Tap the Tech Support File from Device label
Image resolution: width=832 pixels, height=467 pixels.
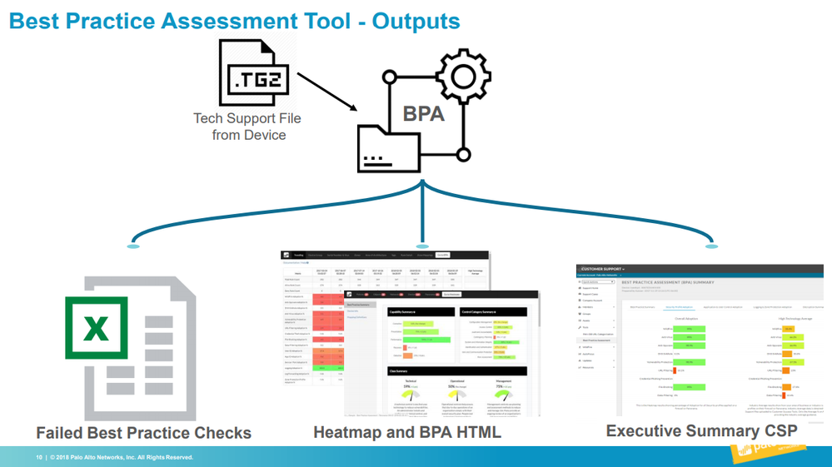[x=248, y=127]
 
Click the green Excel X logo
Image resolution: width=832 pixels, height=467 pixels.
[x=97, y=328]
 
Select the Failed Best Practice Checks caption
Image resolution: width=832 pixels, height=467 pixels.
[x=143, y=433]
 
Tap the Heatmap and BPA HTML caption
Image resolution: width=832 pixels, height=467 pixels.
[x=407, y=433]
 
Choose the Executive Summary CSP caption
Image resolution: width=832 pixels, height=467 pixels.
[x=701, y=430]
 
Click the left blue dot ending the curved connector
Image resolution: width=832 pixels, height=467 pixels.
[x=132, y=246]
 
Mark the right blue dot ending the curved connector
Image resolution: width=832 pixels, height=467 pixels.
[x=710, y=246]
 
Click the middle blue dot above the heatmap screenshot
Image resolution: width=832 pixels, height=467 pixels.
[x=422, y=246]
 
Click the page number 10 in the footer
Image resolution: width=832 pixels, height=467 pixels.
[x=38, y=457]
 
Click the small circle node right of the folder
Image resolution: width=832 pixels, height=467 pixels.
[x=464, y=154]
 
